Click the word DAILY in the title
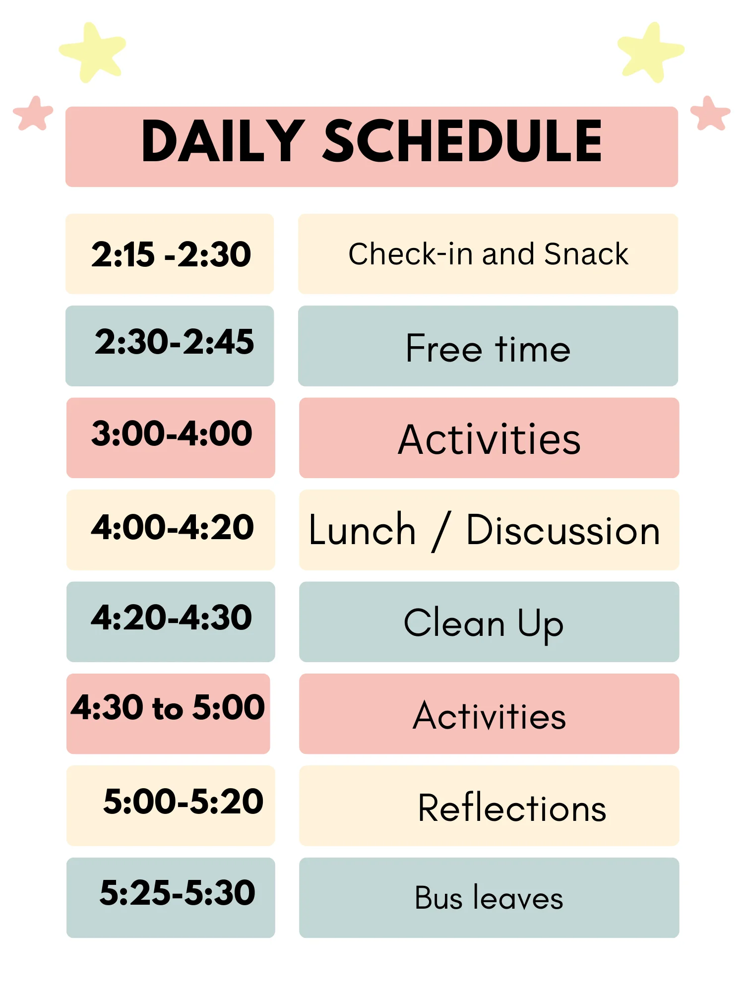223,141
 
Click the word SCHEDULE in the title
463,141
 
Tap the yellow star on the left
93,52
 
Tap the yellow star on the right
651,52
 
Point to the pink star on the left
33,113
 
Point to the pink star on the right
710,113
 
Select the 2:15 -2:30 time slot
171,254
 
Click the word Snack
586,254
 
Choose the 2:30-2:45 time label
174,342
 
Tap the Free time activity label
488,348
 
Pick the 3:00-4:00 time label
172,434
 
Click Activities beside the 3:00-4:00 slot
489,439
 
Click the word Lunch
362,530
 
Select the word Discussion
563,530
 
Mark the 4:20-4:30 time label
171,618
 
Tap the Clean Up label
484,623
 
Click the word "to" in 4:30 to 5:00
168,708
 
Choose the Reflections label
512,808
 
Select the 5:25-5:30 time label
177,893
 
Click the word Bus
438,898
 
